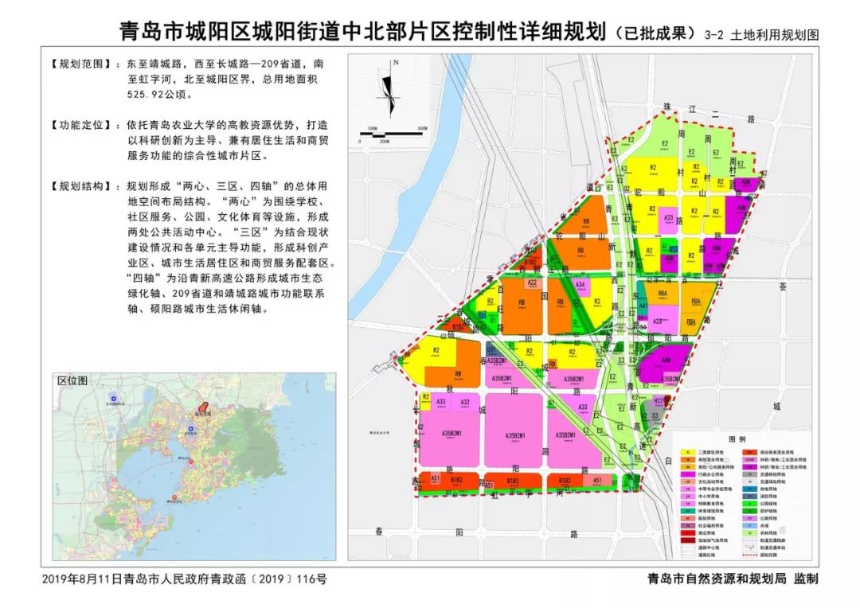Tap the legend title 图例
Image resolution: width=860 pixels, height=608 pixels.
(737, 438)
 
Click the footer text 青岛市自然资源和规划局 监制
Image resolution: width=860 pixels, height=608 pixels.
(733, 579)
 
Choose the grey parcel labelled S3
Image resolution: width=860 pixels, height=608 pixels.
(655, 416)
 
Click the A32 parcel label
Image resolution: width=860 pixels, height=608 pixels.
(465, 403)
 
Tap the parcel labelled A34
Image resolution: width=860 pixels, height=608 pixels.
(581, 285)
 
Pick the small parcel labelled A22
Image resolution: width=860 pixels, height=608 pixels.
(532, 283)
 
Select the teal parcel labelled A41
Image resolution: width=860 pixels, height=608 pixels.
(643, 305)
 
